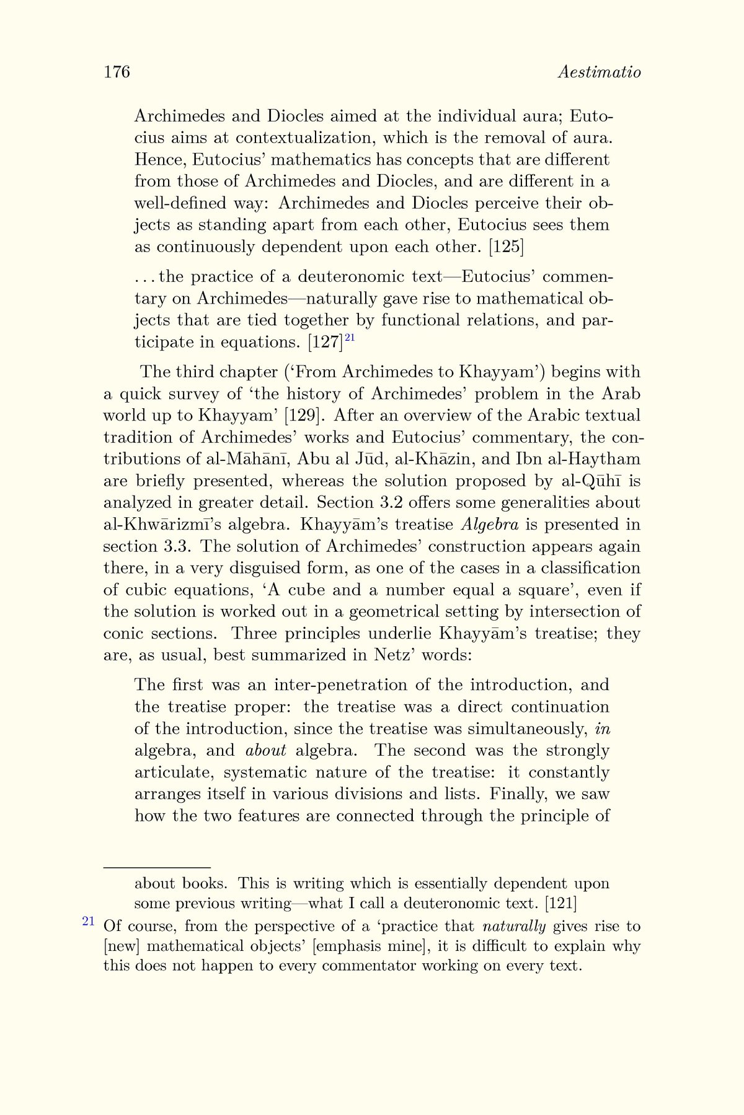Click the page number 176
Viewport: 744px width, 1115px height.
117,72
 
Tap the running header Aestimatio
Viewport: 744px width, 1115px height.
599,72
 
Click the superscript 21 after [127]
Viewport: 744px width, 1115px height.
350,337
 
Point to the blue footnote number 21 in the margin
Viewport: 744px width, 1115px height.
88,921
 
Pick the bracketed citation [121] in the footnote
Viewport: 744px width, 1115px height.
560,903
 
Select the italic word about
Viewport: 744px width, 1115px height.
266,751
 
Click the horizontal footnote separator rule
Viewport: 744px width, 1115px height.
157,868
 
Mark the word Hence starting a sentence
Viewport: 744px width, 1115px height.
160,160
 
